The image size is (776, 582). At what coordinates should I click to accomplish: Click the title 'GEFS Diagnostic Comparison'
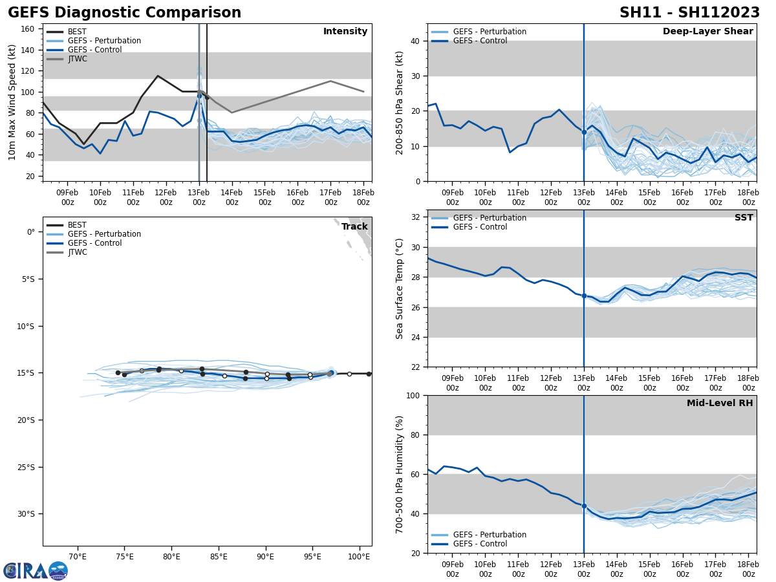pyautogui.click(x=124, y=13)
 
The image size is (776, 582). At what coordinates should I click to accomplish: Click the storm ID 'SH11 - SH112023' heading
pyautogui.click(x=689, y=13)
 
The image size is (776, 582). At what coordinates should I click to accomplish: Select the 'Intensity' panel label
pyautogui.click(x=345, y=32)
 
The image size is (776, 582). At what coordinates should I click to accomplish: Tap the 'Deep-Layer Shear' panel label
pyautogui.click(x=707, y=32)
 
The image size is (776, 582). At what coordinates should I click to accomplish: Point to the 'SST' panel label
pyautogui.click(x=744, y=218)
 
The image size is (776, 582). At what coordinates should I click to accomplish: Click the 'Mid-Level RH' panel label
pyautogui.click(x=720, y=404)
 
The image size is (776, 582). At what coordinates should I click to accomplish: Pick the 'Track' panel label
pyautogui.click(x=354, y=227)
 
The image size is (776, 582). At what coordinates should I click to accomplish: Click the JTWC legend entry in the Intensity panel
pyautogui.click(x=78, y=59)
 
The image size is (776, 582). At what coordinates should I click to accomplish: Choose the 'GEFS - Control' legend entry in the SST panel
pyautogui.click(x=479, y=227)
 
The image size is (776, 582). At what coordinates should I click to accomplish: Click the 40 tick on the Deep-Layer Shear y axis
pyautogui.click(x=414, y=41)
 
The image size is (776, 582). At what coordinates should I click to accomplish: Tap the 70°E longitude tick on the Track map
pyautogui.click(x=78, y=557)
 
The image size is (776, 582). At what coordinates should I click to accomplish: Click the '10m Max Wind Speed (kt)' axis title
pyautogui.click(x=12, y=102)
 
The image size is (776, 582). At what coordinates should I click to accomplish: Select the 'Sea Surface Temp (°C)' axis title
pyautogui.click(x=400, y=288)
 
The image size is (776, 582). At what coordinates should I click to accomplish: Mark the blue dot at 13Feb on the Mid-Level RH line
pyautogui.click(x=584, y=506)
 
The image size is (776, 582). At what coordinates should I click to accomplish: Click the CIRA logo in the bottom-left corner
pyautogui.click(x=36, y=570)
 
